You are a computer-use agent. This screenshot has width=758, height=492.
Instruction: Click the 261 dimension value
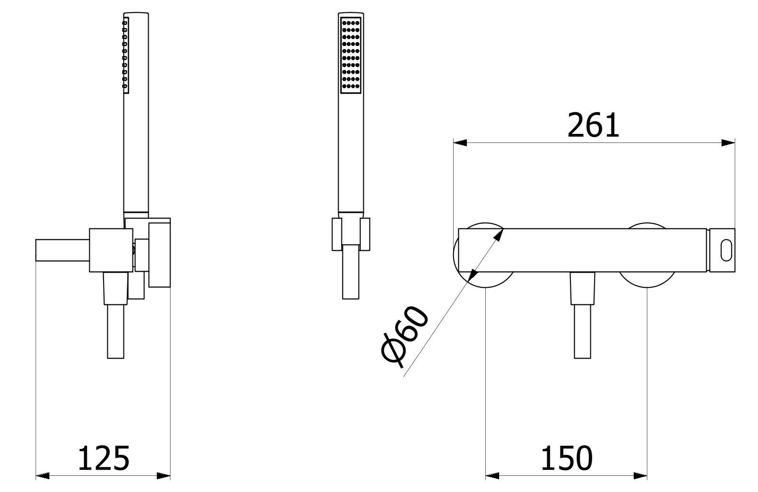(593, 125)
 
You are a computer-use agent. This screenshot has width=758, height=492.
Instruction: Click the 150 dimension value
(566, 458)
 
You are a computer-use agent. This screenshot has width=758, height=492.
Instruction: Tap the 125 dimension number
(104, 458)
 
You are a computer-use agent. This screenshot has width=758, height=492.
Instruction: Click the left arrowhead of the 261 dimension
(460, 142)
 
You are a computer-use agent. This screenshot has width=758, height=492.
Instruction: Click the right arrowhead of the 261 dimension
(728, 142)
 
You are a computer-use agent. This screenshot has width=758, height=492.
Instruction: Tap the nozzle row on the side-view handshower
(125, 53)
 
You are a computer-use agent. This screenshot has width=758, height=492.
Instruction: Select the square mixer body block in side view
(111, 250)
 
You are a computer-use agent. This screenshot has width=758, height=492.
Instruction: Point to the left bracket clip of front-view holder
(336, 234)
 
